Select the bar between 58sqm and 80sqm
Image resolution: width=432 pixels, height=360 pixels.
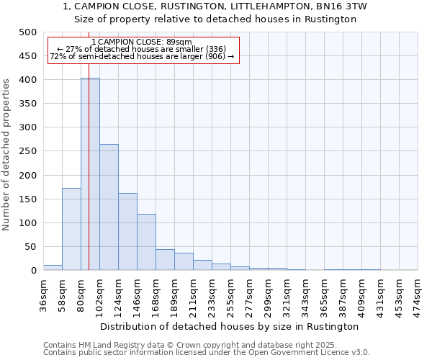pyautogui.click(x=71, y=229)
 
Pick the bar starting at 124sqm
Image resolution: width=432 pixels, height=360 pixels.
pyautogui.click(x=127, y=232)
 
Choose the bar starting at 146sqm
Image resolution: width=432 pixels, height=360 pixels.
pyautogui.click(x=146, y=242)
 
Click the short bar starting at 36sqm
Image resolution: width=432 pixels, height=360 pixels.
pyautogui.click(x=53, y=267)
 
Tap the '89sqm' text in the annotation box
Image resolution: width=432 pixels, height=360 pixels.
pyautogui.click(x=179, y=42)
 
